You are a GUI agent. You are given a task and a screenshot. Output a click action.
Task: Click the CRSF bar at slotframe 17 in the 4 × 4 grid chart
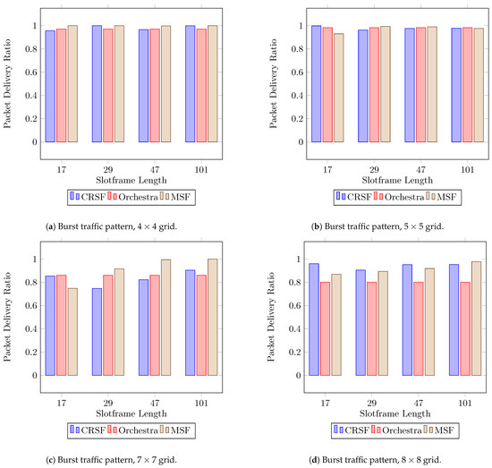coord(50,86)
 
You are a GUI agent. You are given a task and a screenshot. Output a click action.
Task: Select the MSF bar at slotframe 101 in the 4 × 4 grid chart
coord(212,83)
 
